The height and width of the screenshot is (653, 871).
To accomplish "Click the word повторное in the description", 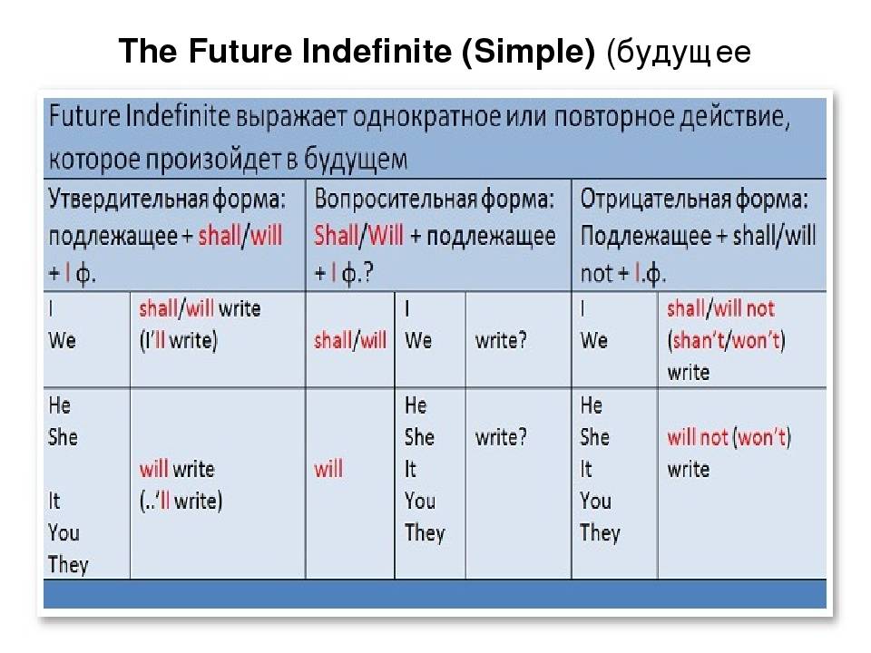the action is pyautogui.click(x=613, y=118).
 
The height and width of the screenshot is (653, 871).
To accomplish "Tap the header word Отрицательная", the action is pyautogui.click(x=655, y=199).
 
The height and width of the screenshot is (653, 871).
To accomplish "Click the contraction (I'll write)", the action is pyautogui.click(x=179, y=340).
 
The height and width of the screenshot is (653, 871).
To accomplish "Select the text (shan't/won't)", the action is pyautogui.click(x=726, y=340).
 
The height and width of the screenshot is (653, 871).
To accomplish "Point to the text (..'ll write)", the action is pyautogui.click(x=181, y=501).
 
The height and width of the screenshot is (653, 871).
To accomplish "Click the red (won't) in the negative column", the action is pyautogui.click(x=761, y=437).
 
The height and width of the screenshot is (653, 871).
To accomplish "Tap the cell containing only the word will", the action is pyautogui.click(x=328, y=469).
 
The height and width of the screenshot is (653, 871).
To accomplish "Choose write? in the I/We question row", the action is pyautogui.click(x=501, y=340).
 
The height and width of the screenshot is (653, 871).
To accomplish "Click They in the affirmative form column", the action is pyautogui.click(x=68, y=565).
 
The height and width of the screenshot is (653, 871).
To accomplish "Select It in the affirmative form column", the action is pyautogui.click(x=54, y=501).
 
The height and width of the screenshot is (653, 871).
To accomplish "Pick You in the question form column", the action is pyautogui.click(x=420, y=501).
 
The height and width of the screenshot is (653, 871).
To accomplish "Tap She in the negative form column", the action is pyautogui.click(x=595, y=437).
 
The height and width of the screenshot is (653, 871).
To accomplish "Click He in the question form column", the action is pyautogui.click(x=416, y=405).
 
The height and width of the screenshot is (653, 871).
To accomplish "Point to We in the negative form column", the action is pyautogui.click(x=593, y=340).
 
